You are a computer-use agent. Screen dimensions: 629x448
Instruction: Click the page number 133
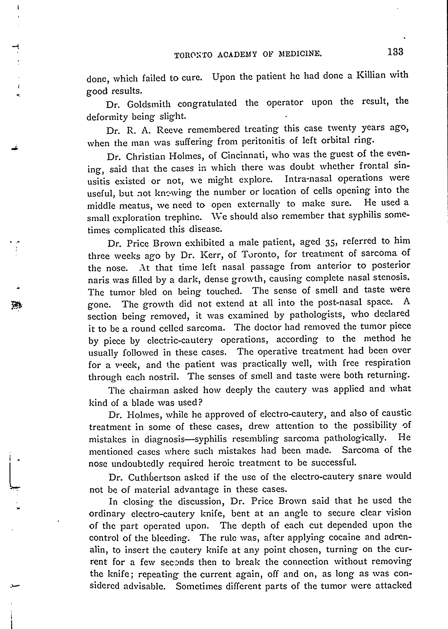pyautogui.click(x=395, y=52)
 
